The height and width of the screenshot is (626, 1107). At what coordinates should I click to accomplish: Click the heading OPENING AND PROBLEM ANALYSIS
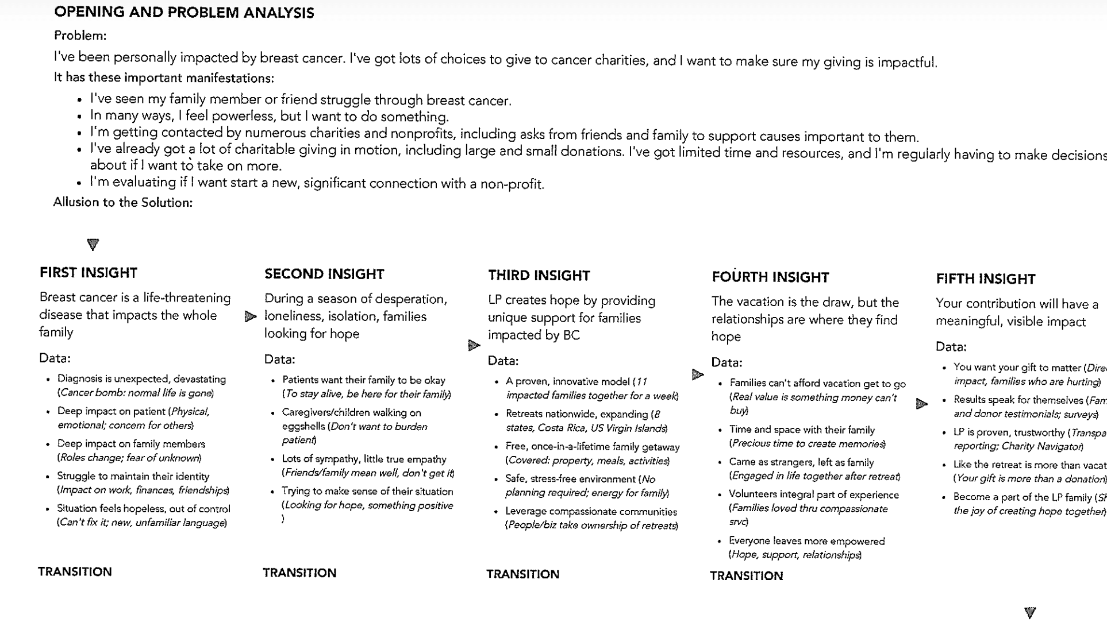(x=184, y=13)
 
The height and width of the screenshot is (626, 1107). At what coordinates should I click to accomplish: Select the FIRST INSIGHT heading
(x=89, y=273)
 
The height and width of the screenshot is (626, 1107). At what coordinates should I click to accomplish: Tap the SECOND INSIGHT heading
(x=324, y=275)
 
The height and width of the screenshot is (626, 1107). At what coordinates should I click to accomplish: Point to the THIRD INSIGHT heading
(x=539, y=276)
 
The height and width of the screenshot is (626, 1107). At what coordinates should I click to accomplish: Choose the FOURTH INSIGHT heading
(x=770, y=277)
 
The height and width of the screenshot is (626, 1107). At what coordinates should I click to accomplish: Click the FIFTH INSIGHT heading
(x=986, y=279)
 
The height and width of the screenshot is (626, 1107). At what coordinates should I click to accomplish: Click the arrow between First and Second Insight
(x=250, y=316)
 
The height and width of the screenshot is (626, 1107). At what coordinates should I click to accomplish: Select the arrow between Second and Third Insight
(x=474, y=345)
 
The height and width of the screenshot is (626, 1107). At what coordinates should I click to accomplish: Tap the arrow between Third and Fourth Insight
(x=697, y=375)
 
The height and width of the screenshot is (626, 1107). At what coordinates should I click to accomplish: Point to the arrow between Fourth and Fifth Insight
(x=921, y=404)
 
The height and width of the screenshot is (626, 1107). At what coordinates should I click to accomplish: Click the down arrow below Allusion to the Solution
(x=93, y=245)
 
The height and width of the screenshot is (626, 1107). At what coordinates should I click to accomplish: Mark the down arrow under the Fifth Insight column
(x=1030, y=613)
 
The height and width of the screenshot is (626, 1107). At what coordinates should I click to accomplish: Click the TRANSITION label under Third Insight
(x=522, y=574)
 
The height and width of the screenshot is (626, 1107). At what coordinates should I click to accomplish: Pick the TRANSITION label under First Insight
(x=75, y=572)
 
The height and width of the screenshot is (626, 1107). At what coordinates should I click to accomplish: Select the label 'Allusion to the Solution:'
(x=123, y=203)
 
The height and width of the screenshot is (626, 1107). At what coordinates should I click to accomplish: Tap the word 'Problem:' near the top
(x=80, y=36)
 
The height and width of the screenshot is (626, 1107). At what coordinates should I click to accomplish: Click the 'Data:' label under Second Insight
(x=279, y=360)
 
